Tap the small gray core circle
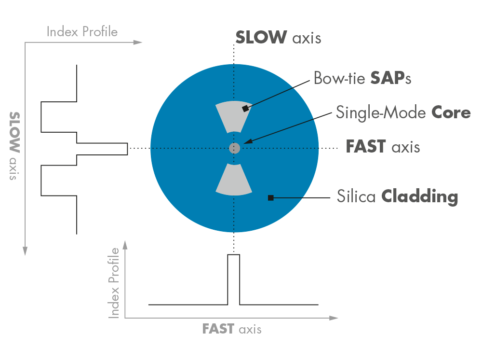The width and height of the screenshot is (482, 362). (234, 148)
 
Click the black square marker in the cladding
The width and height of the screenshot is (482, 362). (271, 197)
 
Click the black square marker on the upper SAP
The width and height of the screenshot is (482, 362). (245, 109)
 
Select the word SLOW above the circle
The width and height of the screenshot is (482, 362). (261, 37)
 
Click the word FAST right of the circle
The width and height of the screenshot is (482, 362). (366, 146)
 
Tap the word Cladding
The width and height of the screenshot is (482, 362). (419, 196)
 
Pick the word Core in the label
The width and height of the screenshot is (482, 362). (451, 112)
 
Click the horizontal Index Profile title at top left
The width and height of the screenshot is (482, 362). (82, 32)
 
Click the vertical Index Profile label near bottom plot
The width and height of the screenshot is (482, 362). (115, 283)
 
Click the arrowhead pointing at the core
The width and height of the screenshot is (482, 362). (246, 142)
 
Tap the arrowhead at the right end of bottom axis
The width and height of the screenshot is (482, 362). (334, 318)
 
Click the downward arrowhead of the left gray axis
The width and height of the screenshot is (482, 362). (26, 251)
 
